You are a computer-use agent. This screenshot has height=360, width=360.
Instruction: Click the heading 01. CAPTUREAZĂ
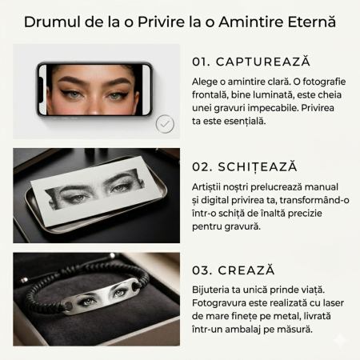[x=250, y=62]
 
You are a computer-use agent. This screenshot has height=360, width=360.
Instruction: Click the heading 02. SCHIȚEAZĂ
[x=245, y=166]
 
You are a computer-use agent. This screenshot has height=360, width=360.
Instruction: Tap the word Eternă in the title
[x=310, y=21]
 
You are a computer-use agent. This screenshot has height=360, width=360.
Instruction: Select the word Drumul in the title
[x=52, y=21]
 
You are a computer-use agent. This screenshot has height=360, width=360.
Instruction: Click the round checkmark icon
[x=165, y=123]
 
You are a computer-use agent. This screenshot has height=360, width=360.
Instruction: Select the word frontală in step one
[x=216, y=95]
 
